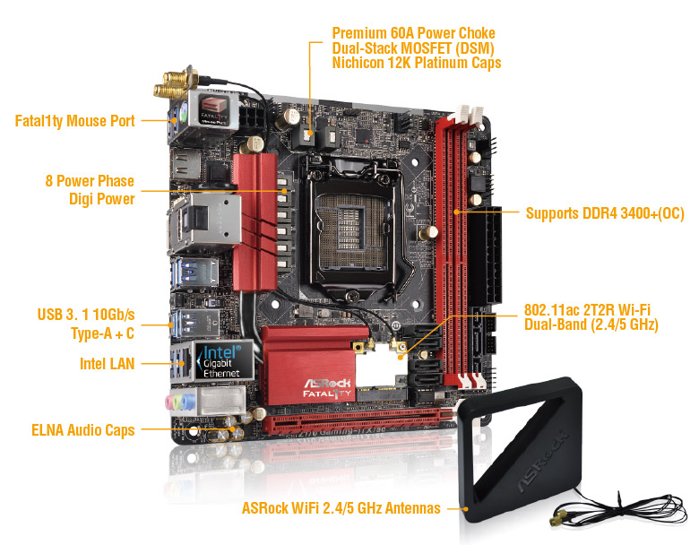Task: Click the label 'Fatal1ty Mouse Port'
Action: [x=75, y=121]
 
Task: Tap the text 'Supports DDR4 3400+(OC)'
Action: [x=605, y=213]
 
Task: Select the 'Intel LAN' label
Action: [x=107, y=363]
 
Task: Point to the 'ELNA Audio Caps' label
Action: [x=83, y=430]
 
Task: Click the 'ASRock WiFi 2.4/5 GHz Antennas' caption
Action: [x=341, y=508]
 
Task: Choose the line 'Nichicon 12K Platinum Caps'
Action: [x=417, y=63]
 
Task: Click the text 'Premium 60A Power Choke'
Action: [x=414, y=33]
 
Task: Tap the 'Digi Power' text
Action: [x=101, y=199]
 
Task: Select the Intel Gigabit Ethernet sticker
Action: [x=222, y=361]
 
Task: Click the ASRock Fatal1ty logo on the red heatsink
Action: [x=328, y=388]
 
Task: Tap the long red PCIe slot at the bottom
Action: [x=357, y=420]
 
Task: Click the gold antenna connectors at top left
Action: [x=175, y=83]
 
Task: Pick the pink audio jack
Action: [x=169, y=402]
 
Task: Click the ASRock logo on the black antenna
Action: [x=544, y=461]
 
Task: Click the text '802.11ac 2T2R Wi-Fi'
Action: [x=587, y=309]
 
